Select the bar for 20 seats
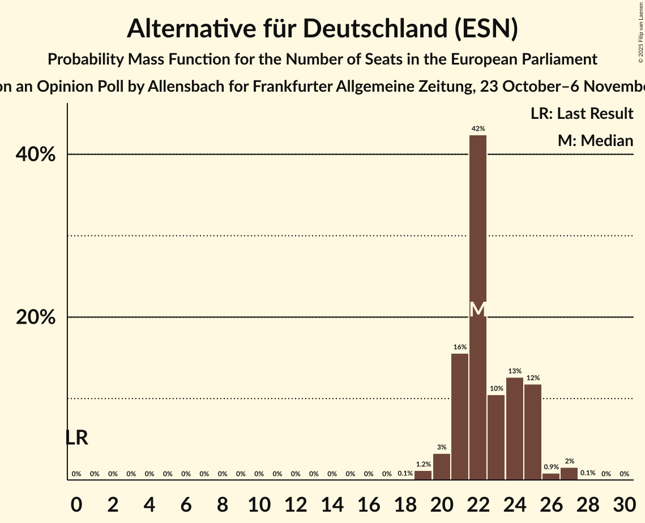442,466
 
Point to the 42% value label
478,129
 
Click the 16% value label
460,347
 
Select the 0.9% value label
551,467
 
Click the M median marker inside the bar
478,309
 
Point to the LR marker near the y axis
76,438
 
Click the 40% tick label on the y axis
36,155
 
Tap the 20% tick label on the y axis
36,318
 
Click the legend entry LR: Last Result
582,114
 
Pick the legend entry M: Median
595,140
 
